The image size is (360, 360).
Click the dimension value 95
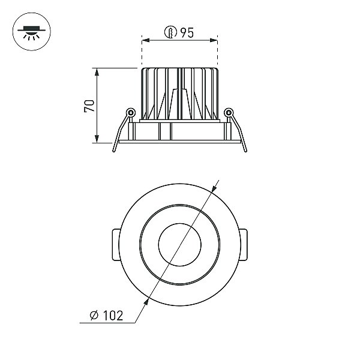pyautogui.click(x=187, y=32)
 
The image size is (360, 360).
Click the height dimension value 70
pyautogui.click(x=89, y=106)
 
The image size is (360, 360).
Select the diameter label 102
pyautogui.click(x=113, y=316)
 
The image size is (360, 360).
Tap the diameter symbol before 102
pyautogui.click(x=94, y=315)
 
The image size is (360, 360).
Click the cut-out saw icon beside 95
pyautogui.click(x=170, y=32)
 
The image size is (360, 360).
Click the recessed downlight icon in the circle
pyautogui.click(x=31, y=32)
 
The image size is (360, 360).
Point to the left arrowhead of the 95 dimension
pyautogui.click(x=146, y=40)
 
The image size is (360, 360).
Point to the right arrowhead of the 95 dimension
pyautogui.click(x=214, y=40)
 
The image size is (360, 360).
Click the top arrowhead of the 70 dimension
pyautogui.click(x=97, y=72)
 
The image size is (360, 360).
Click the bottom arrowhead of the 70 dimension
pyautogui.click(x=97, y=139)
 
